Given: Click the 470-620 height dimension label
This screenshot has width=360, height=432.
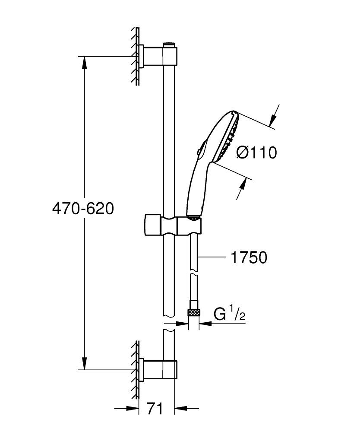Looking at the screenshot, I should pyautogui.click(x=82, y=209).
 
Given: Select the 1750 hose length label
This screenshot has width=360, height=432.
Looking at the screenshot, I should pyautogui.click(x=249, y=257).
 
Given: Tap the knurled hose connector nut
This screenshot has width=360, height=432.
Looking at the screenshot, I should pyautogui.click(x=193, y=312).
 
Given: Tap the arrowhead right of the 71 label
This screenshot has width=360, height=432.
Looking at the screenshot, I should pyautogui.click(x=179, y=408).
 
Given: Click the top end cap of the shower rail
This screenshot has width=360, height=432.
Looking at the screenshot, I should pyautogui.click(x=169, y=44).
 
